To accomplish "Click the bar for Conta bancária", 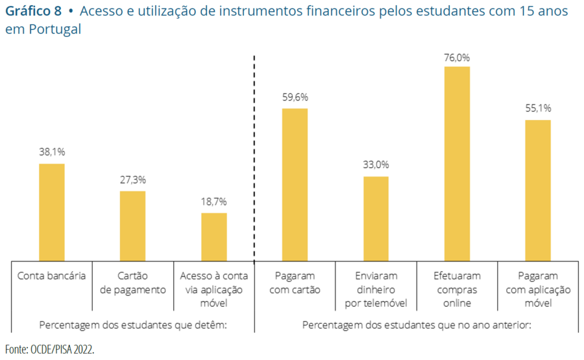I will (52, 212).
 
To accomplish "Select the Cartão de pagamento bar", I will (132, 226).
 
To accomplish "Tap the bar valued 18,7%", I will (213, 237).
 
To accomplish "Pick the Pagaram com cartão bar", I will (295, 184).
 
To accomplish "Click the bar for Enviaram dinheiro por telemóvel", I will (376, 219).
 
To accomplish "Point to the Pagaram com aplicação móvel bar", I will (538, 190).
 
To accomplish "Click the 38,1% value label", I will (52, 152).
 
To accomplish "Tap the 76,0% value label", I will (457, 57).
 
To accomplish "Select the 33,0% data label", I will (376, 165).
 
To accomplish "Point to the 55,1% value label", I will (538, 108).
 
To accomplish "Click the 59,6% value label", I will (295, 97).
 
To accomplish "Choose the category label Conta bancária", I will (52, 276).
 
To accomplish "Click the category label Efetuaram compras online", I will (457, 289).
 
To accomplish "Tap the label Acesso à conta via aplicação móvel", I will (213, 289).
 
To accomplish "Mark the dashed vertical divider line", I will (254, 156).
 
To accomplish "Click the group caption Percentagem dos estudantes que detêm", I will (133, 324).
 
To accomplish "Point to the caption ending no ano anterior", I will (417, 324).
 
